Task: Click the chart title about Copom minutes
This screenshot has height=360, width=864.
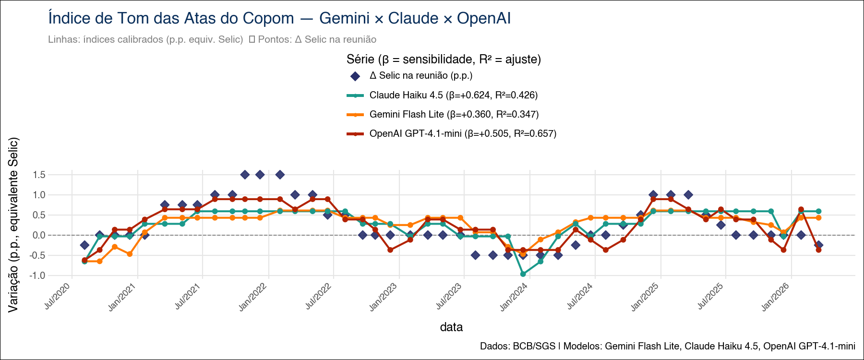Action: pos(279,18)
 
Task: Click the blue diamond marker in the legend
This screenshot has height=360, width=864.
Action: pos(355,76)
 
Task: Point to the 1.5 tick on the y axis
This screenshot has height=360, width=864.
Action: pos(39,175)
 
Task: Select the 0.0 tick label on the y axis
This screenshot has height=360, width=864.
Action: pos(39,235)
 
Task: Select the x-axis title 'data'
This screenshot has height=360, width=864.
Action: pos(451,327)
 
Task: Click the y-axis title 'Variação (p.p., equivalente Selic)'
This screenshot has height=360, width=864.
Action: pos(13,225)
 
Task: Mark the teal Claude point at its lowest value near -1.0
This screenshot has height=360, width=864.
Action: pos(523,274)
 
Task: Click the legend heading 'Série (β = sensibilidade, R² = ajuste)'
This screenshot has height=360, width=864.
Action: pos(444,60)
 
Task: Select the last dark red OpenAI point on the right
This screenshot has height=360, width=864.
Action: pos(818,250)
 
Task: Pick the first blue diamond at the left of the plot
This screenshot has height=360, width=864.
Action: pos(84,245)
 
